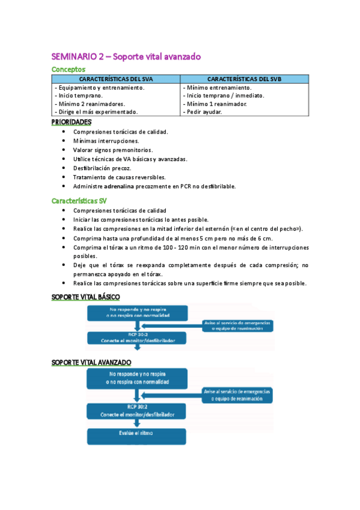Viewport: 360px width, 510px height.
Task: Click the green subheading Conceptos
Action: point(69,69)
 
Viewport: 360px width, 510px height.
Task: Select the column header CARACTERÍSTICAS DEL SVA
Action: point(117,79)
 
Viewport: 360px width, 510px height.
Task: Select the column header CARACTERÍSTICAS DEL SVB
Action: point(244,79)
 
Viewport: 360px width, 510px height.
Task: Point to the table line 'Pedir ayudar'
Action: point(204,111)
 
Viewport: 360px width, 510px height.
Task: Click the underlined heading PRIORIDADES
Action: point(72,121)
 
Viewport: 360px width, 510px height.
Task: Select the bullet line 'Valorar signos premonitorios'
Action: point(113,150)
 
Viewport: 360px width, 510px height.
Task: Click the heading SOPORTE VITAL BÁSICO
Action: point(86,297)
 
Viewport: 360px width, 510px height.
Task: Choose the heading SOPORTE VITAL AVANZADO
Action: point(91,362)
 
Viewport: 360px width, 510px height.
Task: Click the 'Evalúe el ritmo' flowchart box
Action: point(137,434)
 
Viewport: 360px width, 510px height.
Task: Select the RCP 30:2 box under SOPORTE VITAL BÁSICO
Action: point(137,337)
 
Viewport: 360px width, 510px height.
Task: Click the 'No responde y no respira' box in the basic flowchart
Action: point(137,312)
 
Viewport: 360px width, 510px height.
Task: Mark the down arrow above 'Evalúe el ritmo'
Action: point(138,422)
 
